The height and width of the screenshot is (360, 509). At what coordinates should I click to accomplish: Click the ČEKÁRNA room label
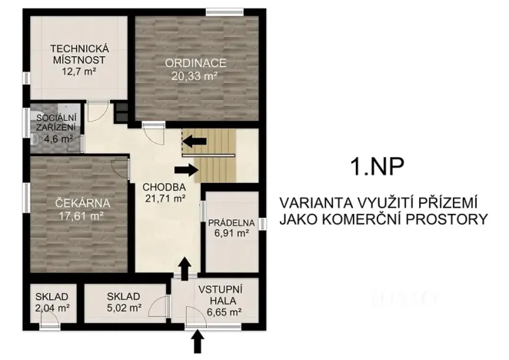83,204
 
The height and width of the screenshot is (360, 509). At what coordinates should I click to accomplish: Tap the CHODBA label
164,186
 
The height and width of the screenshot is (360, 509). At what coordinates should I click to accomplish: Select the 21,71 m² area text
164,198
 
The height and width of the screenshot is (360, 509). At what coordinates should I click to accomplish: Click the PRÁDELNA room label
230,223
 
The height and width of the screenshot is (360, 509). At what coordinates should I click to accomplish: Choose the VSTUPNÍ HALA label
219,295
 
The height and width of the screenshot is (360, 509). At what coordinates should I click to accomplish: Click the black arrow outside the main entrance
198,341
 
